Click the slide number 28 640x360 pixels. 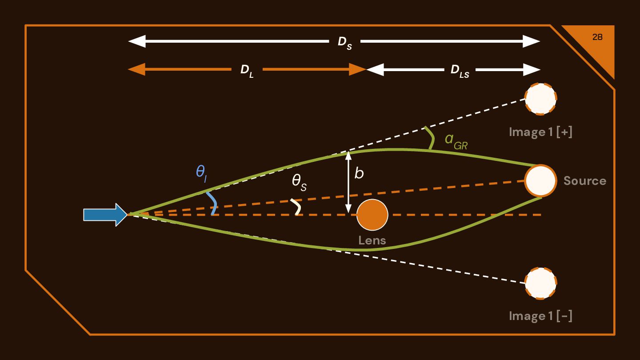click(x=597, y=37)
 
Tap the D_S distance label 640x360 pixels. click(x=344, y=43)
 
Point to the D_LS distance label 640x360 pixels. click(x=460, y=71)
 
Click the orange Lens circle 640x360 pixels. click(x=372, y=215)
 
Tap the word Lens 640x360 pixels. click(x=372, y=241)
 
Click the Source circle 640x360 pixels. click(x=540, y=180)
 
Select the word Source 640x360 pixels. click(x=584, y=181)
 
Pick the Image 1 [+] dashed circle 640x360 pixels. click(x=540, y=99)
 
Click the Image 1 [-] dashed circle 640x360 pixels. click(x=540, y=283)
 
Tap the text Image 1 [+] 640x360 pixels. click(x=540, y=132)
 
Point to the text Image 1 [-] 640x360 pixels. click(x=540, y=316)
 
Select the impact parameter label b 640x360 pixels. click(x=359, y=174)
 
